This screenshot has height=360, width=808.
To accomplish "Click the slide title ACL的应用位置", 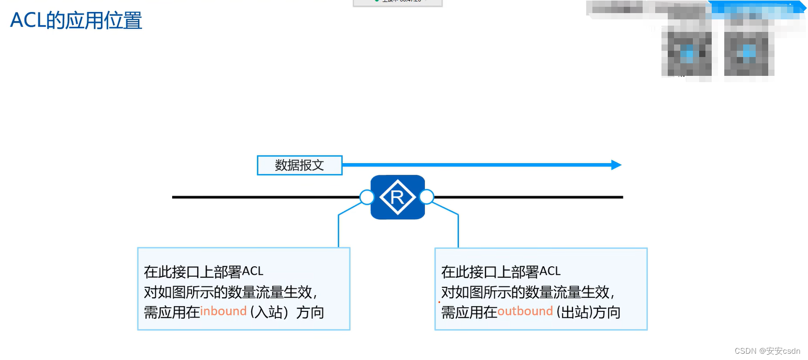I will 76,20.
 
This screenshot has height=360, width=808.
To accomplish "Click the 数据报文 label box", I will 299,165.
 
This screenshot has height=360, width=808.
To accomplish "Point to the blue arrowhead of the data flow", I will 616,165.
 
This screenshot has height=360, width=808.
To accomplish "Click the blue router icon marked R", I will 398,197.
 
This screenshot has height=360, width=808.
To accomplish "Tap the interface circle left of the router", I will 367,197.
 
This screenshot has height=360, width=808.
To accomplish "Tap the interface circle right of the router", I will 427,197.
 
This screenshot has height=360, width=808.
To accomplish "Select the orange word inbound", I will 223,311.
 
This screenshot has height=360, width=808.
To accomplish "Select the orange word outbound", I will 525,311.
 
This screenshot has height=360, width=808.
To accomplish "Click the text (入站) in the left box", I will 269,312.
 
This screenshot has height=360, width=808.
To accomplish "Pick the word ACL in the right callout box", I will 550,271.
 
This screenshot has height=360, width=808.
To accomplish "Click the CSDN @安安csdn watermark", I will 767,351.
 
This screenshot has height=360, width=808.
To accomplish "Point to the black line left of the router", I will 262,197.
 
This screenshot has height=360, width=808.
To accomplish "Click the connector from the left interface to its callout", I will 339,230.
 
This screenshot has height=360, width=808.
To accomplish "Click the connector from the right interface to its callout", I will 458,230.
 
